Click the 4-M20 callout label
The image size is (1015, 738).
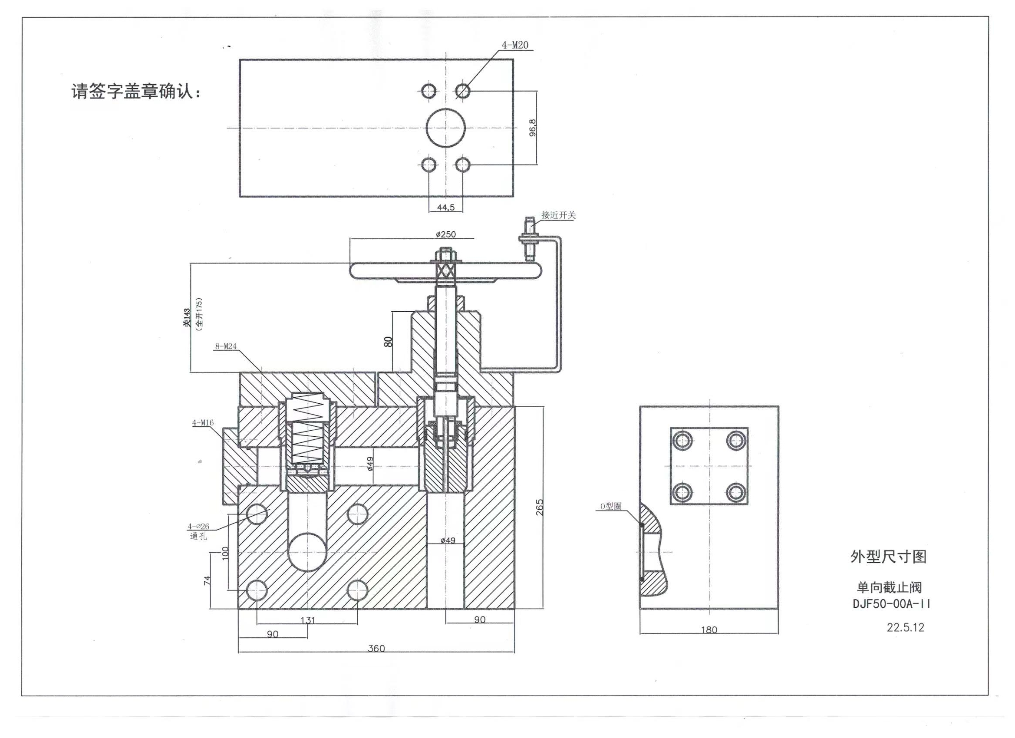[514, 45]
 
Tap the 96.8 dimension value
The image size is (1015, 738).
[533, 128]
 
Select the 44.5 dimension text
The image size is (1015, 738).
[446, 207]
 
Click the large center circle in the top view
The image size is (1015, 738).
[446, 128]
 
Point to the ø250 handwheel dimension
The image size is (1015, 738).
[446, 234]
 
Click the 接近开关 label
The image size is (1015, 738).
[558, 215]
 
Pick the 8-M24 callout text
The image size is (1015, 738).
[226, 346]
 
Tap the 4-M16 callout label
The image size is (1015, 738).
[203, 422]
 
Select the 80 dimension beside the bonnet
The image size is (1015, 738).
[388, 342]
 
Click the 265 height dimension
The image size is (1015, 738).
[539, 507]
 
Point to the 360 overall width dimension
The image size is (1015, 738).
[376, 649]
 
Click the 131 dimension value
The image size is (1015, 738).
[307, 620]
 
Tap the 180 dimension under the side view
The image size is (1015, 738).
[709, 630]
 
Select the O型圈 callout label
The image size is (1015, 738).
[611, 506]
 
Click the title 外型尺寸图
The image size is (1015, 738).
[888, 556]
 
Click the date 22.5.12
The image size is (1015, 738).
[905, 627]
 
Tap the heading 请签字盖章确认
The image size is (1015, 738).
[136, 92]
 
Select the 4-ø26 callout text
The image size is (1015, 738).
[198, 526]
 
